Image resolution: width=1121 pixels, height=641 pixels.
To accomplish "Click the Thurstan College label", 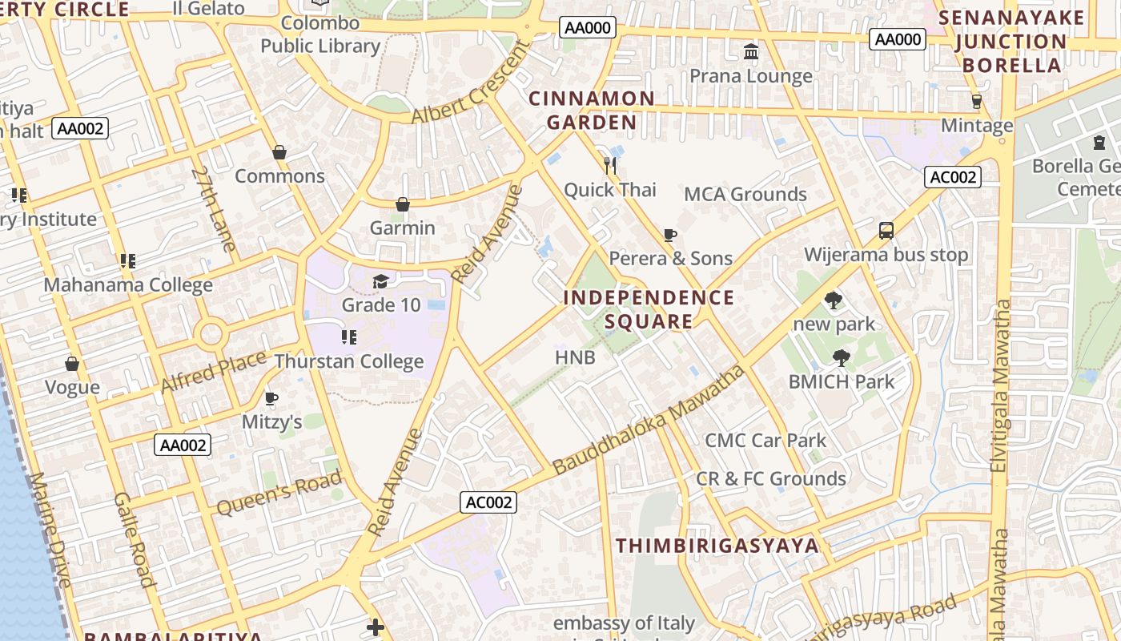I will [x=349, y=361].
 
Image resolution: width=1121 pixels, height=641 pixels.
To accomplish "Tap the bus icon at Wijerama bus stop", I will [x=886, y=231].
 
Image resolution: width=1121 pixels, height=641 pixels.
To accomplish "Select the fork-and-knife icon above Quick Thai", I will [x=611, y=166].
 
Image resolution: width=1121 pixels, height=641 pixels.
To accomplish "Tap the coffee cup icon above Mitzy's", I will [x=271, y=398].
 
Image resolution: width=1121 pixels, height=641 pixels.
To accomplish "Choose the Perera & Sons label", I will [x=670, y=258].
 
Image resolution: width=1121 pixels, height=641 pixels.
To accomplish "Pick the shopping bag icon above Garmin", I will [x=403, y=204].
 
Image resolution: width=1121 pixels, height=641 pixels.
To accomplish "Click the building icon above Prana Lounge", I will [x=751, y=52].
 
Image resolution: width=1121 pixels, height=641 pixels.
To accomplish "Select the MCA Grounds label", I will [x=745, y=194].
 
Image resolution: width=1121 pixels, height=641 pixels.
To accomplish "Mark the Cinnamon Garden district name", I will [x=592, y=111].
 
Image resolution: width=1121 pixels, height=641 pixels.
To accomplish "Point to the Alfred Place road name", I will [x=213, y=372].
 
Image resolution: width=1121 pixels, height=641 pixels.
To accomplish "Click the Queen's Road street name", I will [x=279, y=494].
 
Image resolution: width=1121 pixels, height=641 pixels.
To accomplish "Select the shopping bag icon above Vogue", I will [x=72, y=364].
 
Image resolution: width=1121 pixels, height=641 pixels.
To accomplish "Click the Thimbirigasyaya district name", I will [x=717, y=546].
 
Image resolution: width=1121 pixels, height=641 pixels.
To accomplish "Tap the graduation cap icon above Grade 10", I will [x=380, y=281].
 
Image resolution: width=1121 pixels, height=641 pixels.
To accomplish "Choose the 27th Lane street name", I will [x=214, y=209].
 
